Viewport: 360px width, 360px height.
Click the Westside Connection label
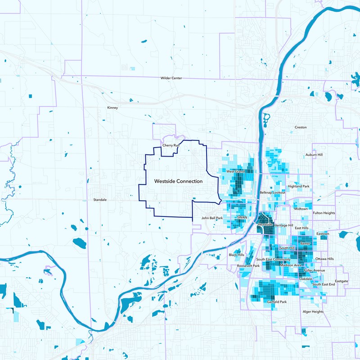click(178, 181)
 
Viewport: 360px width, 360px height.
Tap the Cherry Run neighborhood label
click(171, 146)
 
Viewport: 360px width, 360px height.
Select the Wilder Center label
click(171, 78)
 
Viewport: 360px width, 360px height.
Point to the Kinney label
click(112, 108)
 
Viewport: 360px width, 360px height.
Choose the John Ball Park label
click(212, 218)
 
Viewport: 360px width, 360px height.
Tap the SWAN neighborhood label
click(243, 217)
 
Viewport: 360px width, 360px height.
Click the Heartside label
click(265, 224)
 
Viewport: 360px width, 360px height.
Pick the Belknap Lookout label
click(273, 193)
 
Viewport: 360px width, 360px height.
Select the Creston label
click(301, 127)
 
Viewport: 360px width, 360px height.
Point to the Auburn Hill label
click(314, 155)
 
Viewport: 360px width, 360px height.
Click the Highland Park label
click(299, 186)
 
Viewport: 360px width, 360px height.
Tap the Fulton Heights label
click(324, 213)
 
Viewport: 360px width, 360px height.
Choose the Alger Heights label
click(313, 312)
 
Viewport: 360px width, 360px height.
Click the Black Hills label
click(236, 255)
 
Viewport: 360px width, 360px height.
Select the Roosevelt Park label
click(248, 266)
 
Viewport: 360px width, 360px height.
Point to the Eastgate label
click(342, 281)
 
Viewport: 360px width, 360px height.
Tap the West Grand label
click(235, 171)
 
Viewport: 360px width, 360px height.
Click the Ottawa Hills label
click(324, 259)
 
